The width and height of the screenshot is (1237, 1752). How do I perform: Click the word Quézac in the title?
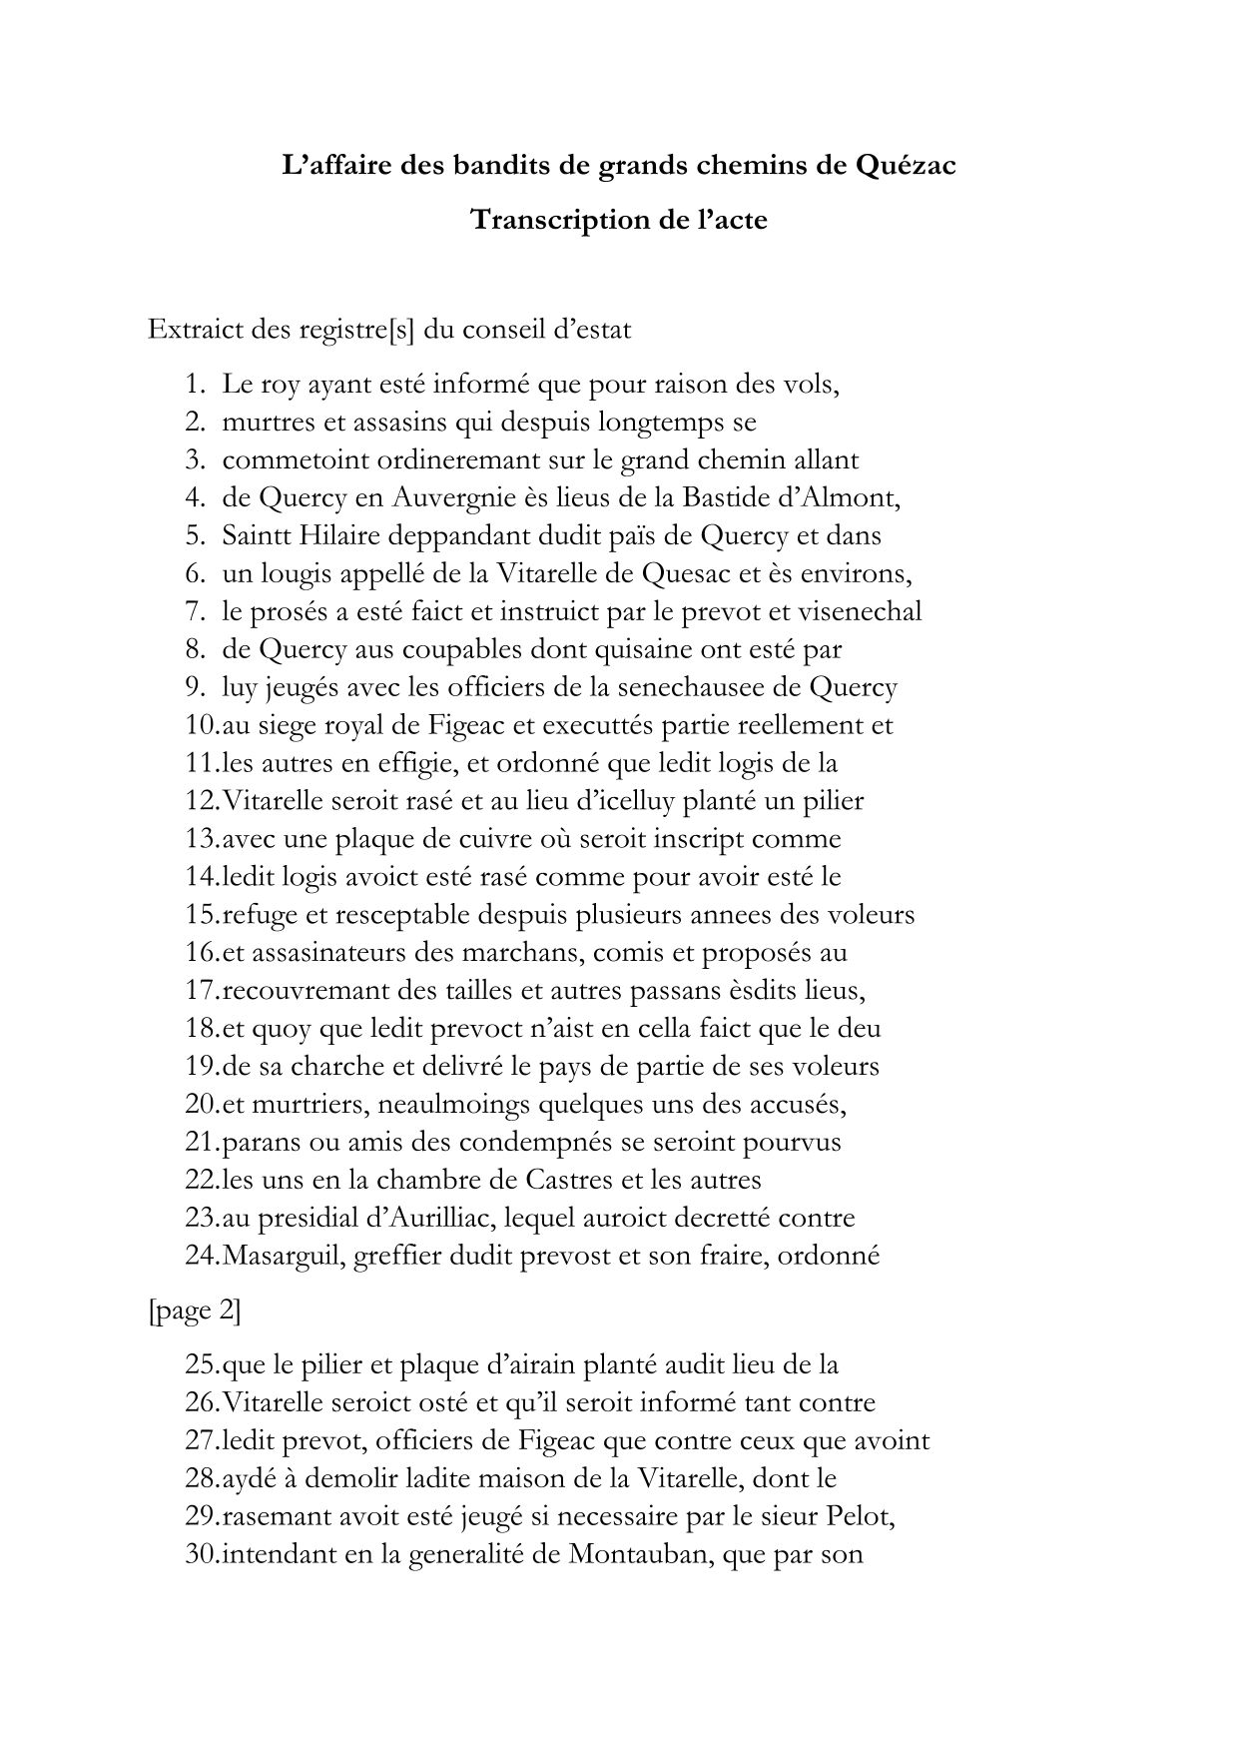(906, 166)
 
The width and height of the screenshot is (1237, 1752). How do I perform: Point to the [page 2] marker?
(195, 1311)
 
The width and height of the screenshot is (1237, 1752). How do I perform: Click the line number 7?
(194, 611)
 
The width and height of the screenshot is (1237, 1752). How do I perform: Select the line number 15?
(198, 915)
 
